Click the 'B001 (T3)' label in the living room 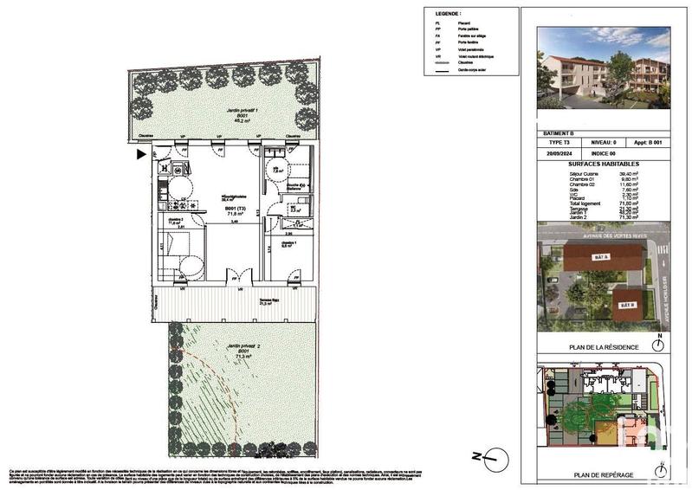pos(236,209)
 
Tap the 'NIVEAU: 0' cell pos(603,141)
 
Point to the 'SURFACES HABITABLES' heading pos(603,163)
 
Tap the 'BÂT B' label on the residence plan pos(626,306)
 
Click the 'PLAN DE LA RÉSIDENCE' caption pos(603,347)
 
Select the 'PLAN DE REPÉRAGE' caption pos(603,475)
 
